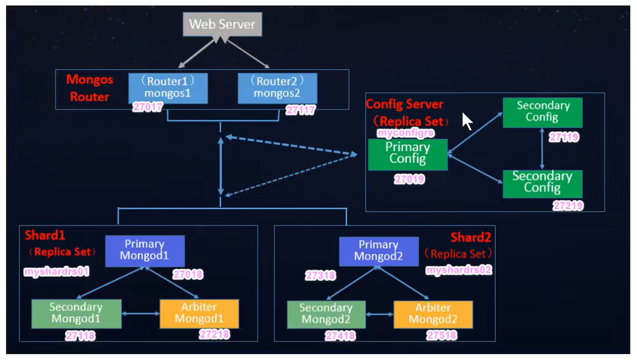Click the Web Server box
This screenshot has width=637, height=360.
pos(222,25)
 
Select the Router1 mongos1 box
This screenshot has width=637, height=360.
pos(167,88)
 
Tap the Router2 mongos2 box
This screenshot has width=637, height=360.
pos(277,88)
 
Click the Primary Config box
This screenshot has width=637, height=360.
pos(408,154)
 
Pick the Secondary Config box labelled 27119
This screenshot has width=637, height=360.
pos(542,112)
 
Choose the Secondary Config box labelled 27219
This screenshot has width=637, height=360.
pos(542,183)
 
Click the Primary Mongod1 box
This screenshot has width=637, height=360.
pos(145,251)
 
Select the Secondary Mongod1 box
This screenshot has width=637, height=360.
pos(76,314)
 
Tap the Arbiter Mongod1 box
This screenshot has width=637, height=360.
pos(198,314)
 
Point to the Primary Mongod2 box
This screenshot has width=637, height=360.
pos(379,251)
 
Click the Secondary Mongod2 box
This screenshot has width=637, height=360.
pos(326,314)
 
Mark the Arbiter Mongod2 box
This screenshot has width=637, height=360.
pos(433,314)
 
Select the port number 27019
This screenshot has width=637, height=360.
pos(409,179)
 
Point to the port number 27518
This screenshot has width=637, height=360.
pos(441,336)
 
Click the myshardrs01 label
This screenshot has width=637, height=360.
pos(56,272)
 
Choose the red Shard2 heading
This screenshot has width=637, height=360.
pos(471,237)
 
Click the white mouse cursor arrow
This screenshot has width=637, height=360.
pos(467,121)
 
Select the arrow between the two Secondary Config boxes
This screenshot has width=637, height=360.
pos(542,148)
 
